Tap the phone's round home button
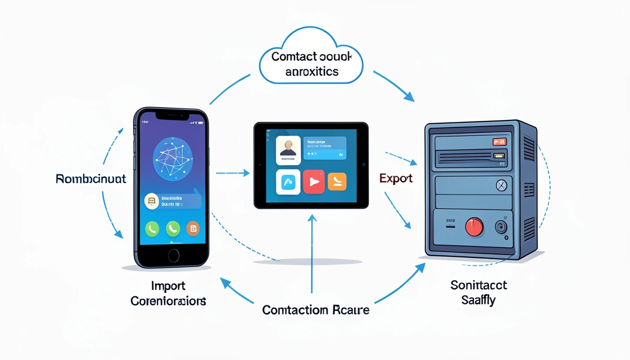click(173, 255)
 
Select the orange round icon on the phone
click(193, 228)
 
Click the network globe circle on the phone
click(173, 159)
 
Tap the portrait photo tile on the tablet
click(288, 150)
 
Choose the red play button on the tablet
click(314, 182)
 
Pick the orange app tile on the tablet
click(337, 181)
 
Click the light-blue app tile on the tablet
click(288, 182)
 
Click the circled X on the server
click(502, 186)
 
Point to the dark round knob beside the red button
click(501, 228)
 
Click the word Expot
click(396, 179)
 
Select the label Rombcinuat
click(91, 179)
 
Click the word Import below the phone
click(168, 285)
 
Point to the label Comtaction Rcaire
click(315, 310)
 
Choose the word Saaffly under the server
click(478, 300)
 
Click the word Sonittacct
click(479, 285)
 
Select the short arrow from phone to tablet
click(232, 173)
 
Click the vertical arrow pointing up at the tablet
click(312, 253)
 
